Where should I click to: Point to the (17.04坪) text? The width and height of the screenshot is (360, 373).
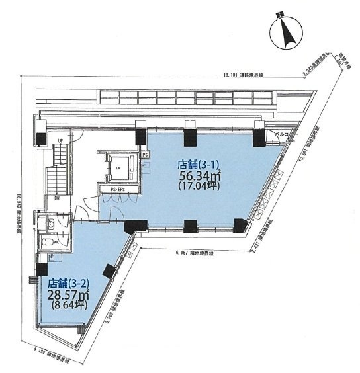198,187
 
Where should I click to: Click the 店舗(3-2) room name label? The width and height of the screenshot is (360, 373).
67,284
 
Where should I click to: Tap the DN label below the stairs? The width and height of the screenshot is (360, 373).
58,197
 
